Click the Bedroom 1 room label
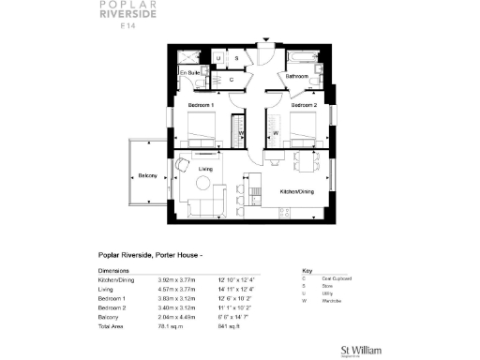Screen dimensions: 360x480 202,105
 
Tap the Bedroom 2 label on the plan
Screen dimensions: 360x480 304,105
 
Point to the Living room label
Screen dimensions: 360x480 207,169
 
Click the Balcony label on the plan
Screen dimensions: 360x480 147,176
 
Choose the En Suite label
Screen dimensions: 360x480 189,72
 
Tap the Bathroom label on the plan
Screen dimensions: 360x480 297,74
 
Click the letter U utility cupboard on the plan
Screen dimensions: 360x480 218,58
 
